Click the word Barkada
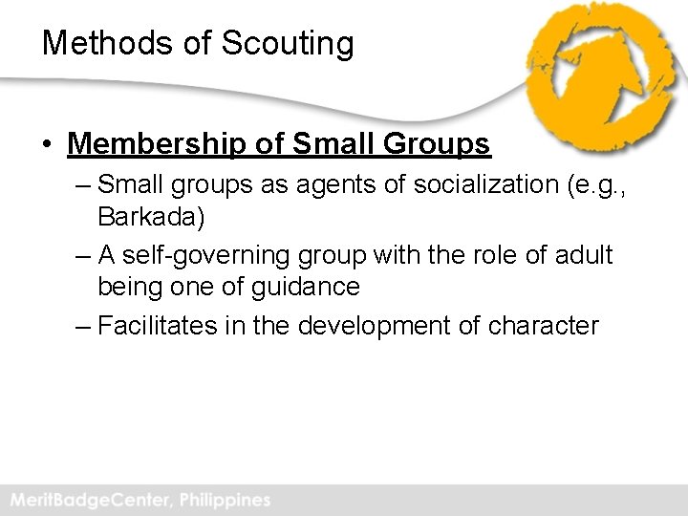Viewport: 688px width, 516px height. click(x=150, y=217)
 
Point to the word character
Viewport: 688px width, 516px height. click(x=544, y=326)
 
